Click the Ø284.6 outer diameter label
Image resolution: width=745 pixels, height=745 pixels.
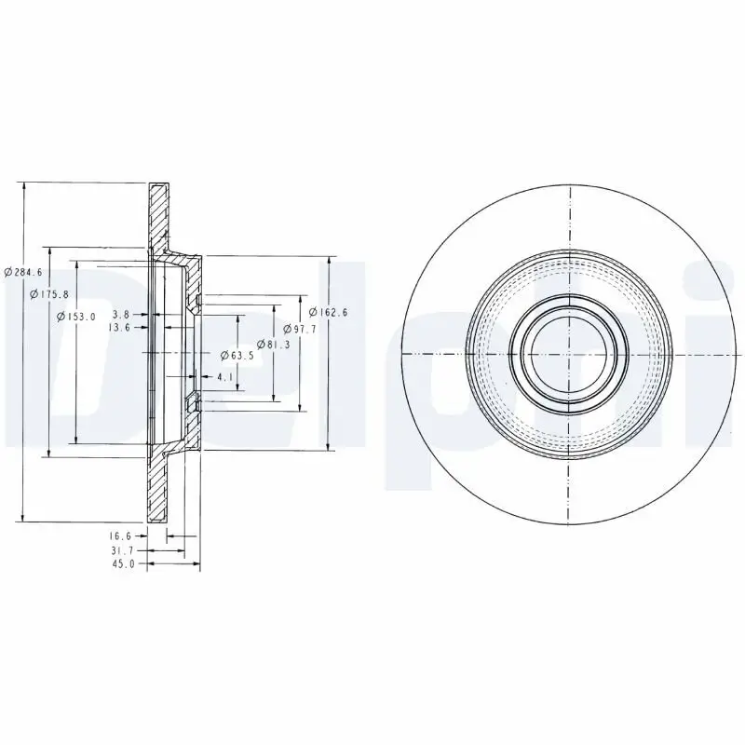coord(23,272)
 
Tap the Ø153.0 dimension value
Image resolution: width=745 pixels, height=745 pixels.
coord(76,317)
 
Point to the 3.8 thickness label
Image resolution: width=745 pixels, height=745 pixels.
coord(120,315)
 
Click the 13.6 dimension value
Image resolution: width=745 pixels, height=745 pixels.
coord(118,328)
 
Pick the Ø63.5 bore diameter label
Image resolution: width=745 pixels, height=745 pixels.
coord(237,355)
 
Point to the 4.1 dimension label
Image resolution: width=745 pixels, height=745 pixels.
coord(224,377)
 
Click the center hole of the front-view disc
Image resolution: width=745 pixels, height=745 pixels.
coord(568,353)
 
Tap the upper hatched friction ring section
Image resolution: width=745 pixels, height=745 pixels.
coord(158,214)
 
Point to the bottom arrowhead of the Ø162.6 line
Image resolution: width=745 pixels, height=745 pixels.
coord(328,446)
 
